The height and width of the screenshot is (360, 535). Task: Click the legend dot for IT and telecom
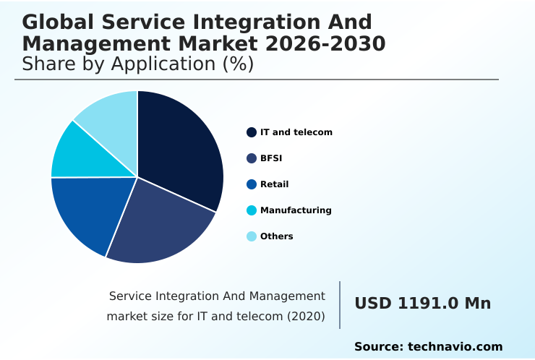click(x=252, y=132)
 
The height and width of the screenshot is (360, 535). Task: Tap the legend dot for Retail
click(x=252, y=184)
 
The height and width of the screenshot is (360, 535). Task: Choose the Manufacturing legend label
click(x=296, y=210)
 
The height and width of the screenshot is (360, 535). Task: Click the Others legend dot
click(x=252, y=236)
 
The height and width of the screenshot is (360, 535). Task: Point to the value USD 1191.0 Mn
click(x=422, y=304)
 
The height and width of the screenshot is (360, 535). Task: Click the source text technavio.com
click(x=455, y=347)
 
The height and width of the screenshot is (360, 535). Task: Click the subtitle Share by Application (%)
click(x=137, y=64)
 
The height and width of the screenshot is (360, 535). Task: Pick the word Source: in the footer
click(x=378, y=347)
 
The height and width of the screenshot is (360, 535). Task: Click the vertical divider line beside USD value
click(x=340, y=305)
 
